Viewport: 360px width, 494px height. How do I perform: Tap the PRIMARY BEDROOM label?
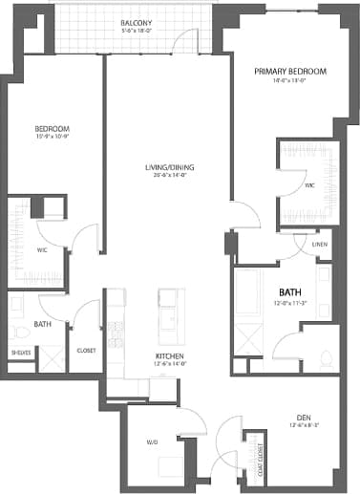[x=290, y=72]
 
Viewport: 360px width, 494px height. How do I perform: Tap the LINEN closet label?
[x=320, y=245]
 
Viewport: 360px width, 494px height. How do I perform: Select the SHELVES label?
[x=21, y=353]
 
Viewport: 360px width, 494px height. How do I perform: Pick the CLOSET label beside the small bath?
[x=85, y=350]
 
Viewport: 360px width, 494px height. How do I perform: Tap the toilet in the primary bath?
[x=325, y=356]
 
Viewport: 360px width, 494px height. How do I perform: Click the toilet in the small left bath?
[x=19, y=331]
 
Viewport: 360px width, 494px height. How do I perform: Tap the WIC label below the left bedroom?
[x=42, y=249]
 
